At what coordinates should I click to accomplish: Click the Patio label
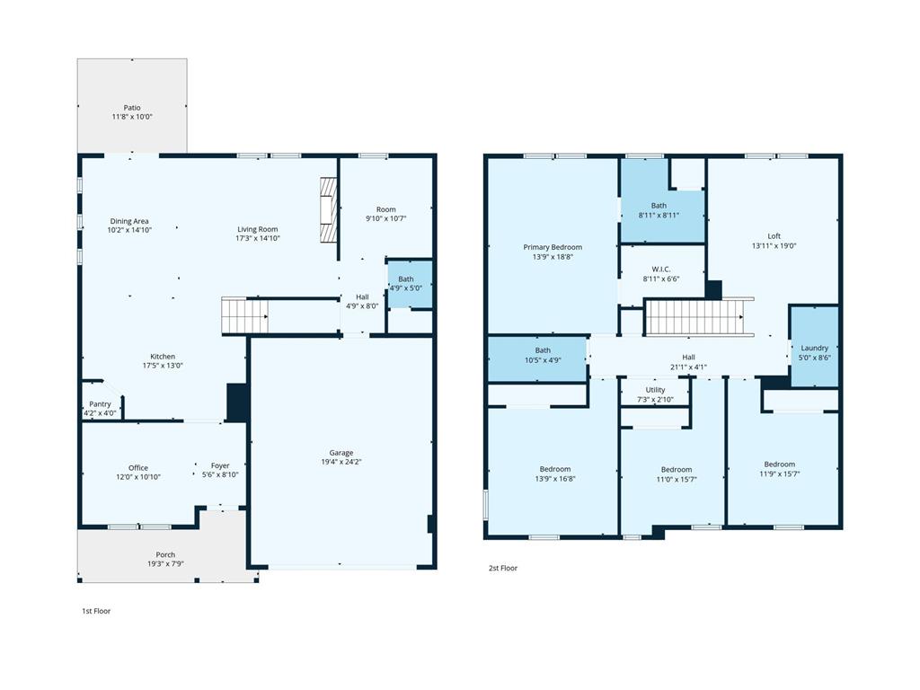point(132,108)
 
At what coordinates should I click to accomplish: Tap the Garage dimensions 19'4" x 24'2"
point(341,462)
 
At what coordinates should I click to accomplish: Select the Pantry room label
point(100,404)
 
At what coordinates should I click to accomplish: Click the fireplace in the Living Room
point(328,209)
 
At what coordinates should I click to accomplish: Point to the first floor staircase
point(244,315)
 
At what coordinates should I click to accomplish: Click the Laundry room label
point(814,348)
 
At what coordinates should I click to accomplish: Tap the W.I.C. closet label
point(661,269)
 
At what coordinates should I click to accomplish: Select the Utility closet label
point(656,390)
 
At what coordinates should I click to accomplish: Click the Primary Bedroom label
point(553,247)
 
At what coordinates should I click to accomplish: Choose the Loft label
point(774,236)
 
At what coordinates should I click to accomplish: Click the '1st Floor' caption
point(96,611)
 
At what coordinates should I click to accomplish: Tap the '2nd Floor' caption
point(503,568)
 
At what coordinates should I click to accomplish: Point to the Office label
point(138,467)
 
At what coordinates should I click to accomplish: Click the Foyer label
point(220,465)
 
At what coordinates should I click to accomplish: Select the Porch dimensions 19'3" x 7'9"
point(165,564)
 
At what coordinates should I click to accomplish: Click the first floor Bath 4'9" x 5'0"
point(406,284)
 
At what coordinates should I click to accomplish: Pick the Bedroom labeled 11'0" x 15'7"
point(677,474)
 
